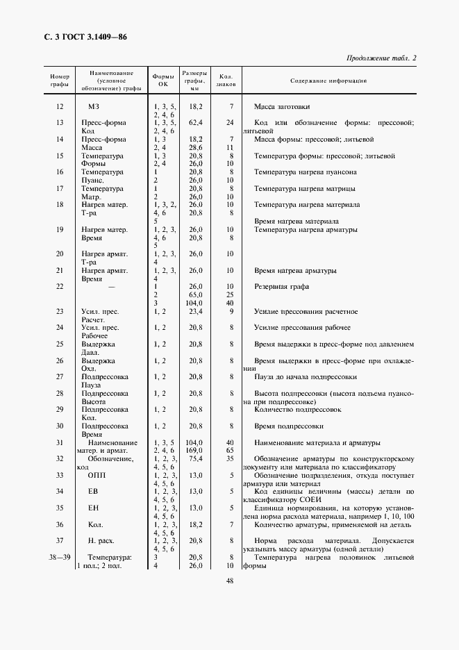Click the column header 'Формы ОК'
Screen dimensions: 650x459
[163, 81]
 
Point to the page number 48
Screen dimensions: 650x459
[228, 581]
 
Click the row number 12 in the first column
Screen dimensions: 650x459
[59, 106]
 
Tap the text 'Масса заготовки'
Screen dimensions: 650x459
[282, 106]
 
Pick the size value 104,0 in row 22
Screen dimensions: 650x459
[194, 303]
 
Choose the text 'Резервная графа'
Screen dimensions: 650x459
[282, 286]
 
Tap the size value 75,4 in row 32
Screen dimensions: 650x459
[194, 459]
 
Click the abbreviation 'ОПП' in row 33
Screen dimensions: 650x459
[97, 476]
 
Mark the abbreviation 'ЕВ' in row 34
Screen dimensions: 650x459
[94, 492]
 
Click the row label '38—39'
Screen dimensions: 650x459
[60, 558]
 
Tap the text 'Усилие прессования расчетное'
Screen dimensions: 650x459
[306, 311]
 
